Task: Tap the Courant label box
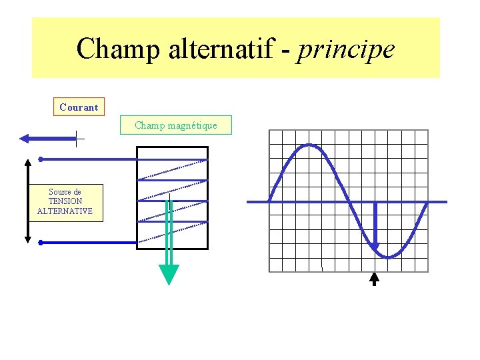tap(79, 107)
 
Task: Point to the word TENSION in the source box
tap(65, 201)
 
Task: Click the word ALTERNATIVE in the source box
tap(65, 211)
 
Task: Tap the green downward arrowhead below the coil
tap(169, 274)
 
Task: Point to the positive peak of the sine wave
tap(308, 145)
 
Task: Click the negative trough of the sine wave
tap(388, 257)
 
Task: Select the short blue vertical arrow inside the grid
tap(375, 227)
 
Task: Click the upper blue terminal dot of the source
tap(41, 159)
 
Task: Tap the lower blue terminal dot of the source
tap(41, 243)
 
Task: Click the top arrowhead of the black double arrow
tap(27, 163)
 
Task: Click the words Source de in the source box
tap(65, 192)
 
